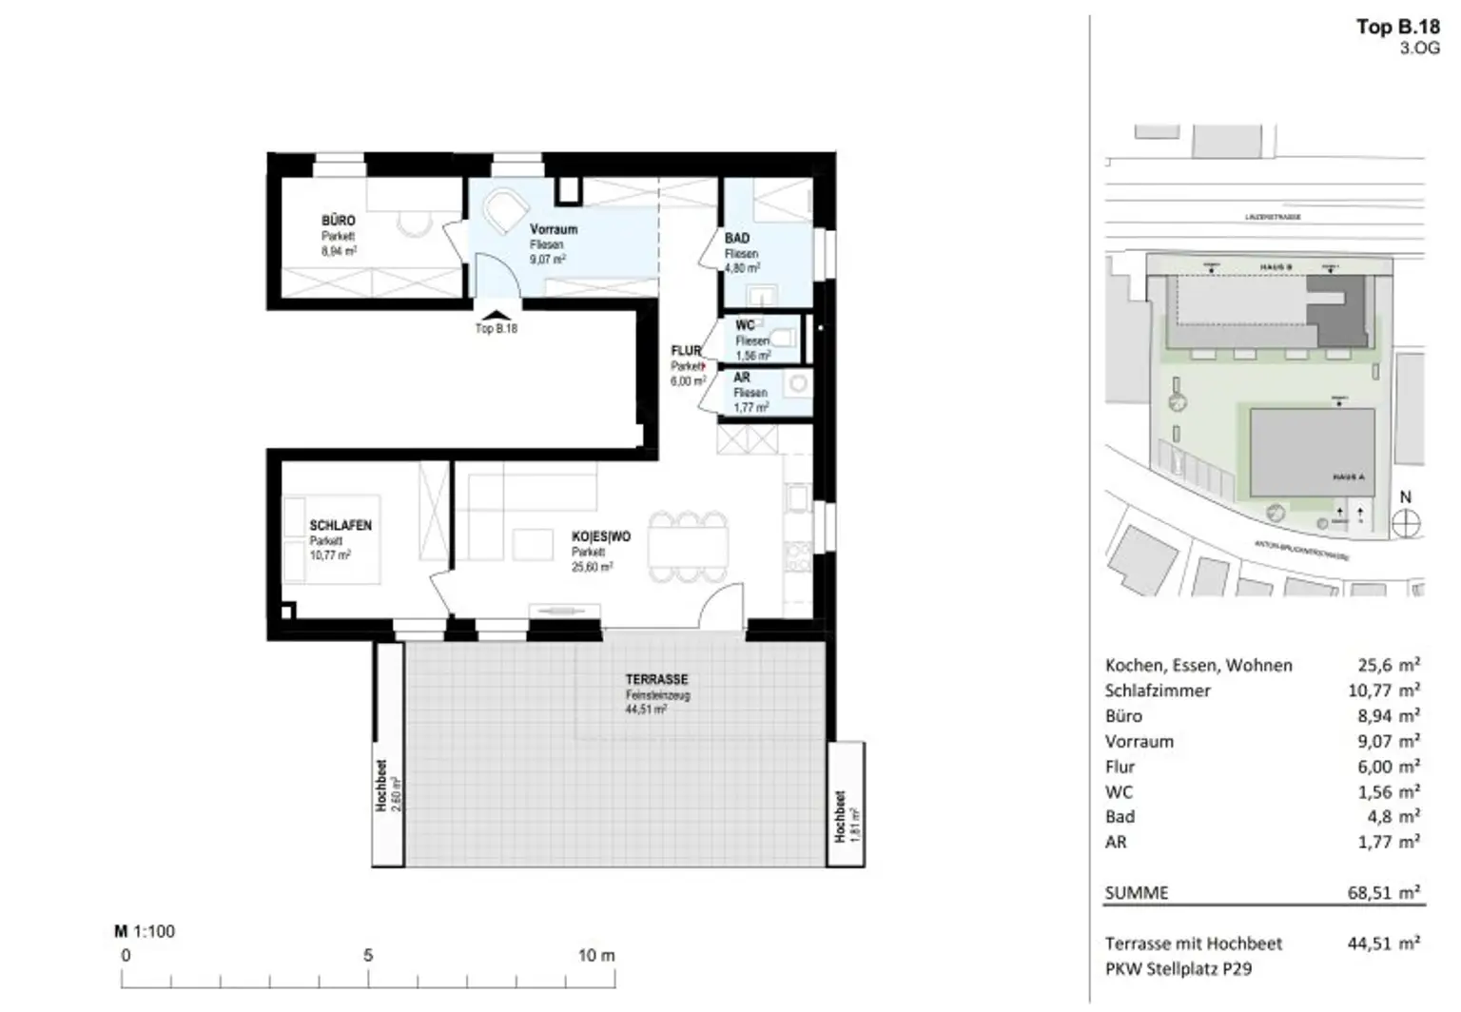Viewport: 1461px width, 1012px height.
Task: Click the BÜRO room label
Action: point(338,221)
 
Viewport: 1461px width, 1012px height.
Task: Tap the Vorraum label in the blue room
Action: point(553,229)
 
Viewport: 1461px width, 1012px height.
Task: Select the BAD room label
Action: point(736,238)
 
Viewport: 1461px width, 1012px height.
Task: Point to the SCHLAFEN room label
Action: point(340,525)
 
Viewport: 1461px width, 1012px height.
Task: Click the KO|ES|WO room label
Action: point(600,537)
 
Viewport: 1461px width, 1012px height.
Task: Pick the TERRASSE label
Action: point(656,680)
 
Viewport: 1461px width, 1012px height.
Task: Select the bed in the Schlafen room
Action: point(333,539)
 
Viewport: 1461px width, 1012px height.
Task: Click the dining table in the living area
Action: point(688,548)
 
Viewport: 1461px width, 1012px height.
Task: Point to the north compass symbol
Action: point(1405,522)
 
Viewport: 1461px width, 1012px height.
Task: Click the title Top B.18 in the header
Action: point(1397,27)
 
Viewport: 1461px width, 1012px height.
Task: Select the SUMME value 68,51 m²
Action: point(1383,892)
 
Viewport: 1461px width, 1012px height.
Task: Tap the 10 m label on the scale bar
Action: point(596,955)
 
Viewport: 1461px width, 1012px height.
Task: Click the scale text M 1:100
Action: point(145,931)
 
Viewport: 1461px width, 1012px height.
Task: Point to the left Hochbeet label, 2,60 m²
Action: point(387,787)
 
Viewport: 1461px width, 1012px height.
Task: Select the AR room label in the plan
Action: point(742,378)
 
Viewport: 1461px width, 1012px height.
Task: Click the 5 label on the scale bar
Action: point(368,955)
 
